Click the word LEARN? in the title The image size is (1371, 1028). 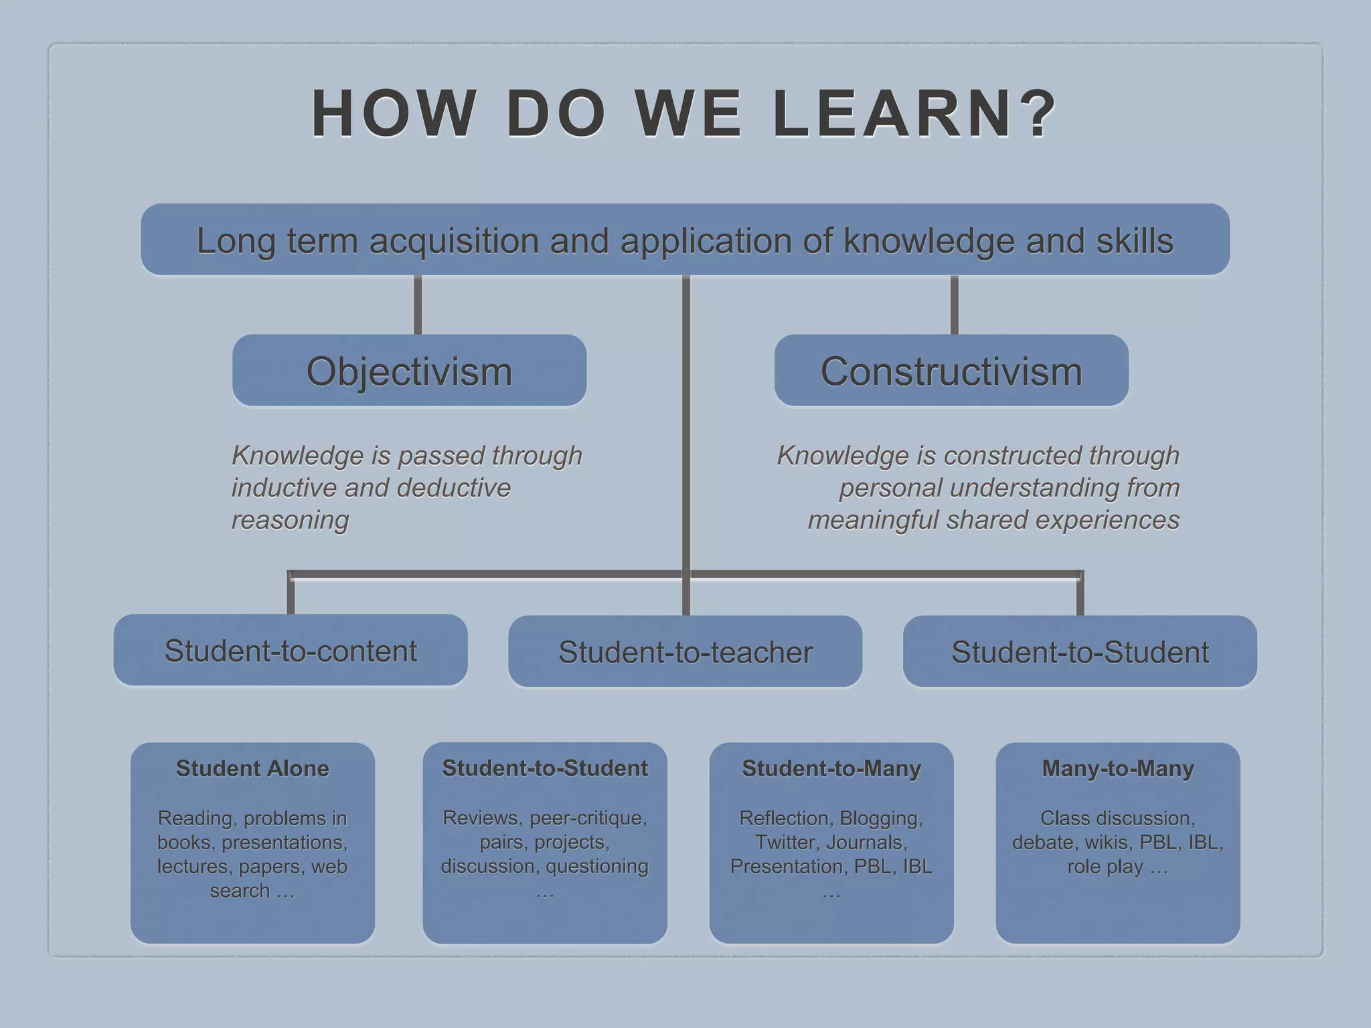coord(914,114)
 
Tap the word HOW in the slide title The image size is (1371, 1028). coord(394,114)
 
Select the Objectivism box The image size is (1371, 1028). coord(409,371)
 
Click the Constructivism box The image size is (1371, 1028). coord(951,371)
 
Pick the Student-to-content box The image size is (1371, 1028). coord(291,651)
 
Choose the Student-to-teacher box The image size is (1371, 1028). coord(685,652)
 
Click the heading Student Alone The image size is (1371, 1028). coord(252,768)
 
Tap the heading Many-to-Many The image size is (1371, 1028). coord(1117,768)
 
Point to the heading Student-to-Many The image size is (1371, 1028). coord(831,768)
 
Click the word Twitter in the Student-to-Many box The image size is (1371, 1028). coord(785,842)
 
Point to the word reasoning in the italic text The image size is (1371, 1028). coord(290,520)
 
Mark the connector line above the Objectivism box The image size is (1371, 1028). coord(418,305)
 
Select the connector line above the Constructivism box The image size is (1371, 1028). coord(954,305)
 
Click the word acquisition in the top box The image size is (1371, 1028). coord(454,241)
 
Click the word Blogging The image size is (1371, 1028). coord(881,818)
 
